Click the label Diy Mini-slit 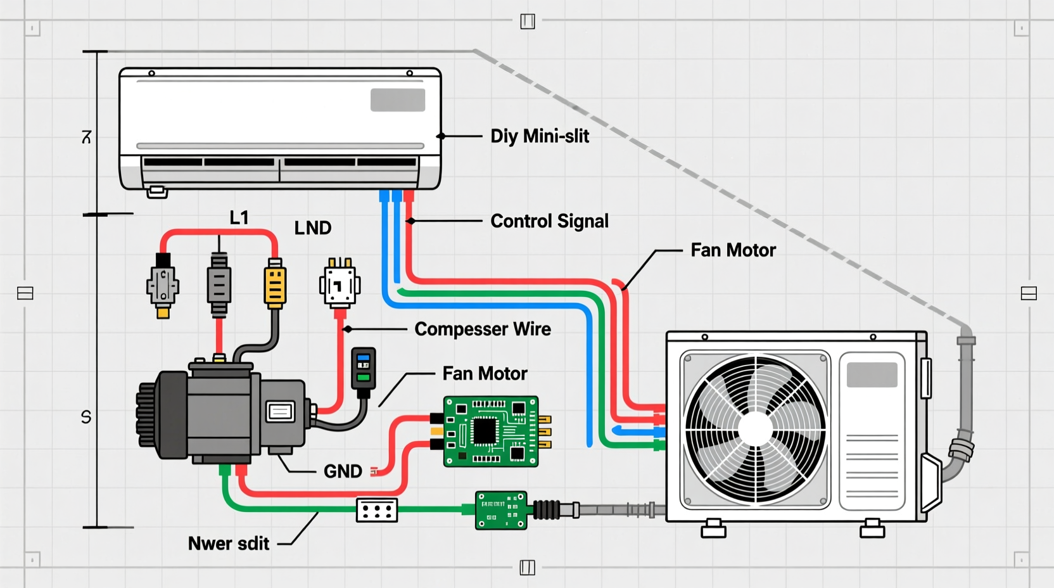click(x=540, y=136)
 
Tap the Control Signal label click(x=549, y=221)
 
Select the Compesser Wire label click(x=482, y=329)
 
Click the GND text click(x=343, y=471)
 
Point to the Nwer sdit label click(x=229, y=544)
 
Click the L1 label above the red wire click(x=239, y=218)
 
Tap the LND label click(x=313, y=228)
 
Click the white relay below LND click(x=340, y=285)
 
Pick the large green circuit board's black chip click(x=485, y=432)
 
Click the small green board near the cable click(x=501, y=510)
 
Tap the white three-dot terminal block click(x=377, y=510)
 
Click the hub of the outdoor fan click(x=755, y=429)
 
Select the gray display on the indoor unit click(x=398, y=100)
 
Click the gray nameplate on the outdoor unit click(x=872, y=375)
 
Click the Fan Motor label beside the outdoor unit click(x=733, y=250)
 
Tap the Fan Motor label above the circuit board click(x=485, y=374)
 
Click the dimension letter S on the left click(x=86, y=417)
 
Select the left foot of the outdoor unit click(x=713, y=528)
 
